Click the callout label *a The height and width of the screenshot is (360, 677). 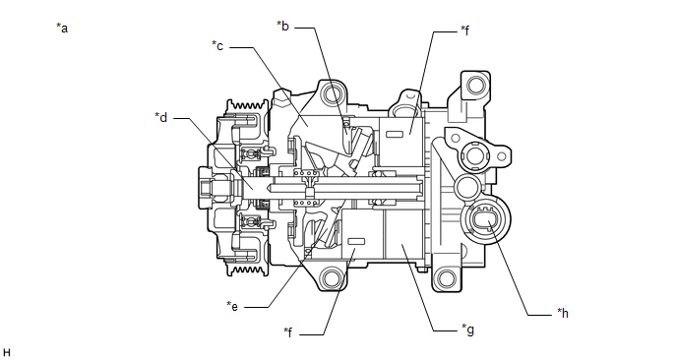tap(62, 29)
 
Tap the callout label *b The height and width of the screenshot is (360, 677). tap(282, 26)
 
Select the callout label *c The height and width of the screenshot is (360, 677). tap(217, 45)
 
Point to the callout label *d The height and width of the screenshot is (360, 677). tap(161, 117)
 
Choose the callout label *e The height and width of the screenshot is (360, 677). tap(232, 306)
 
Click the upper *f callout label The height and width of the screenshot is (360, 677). tap(465, 30)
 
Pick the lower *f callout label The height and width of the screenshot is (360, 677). tap(288, 332)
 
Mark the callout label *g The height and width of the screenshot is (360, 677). tap(468, 330)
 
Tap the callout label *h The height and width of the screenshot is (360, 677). tap(563, 313)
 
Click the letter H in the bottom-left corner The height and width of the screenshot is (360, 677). tap(7, 353)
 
